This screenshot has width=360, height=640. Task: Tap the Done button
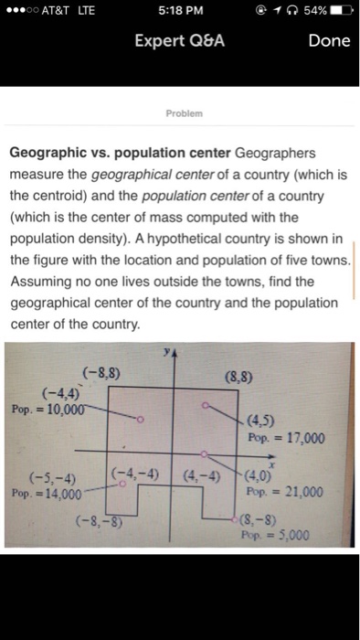[x=329, y=41]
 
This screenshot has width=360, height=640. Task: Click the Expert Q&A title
[x=180, y=41]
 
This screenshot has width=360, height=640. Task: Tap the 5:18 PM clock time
[x=180, y=12]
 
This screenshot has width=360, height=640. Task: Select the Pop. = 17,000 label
[x=286, y=438]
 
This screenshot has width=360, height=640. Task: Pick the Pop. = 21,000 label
[x=285, y=492]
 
